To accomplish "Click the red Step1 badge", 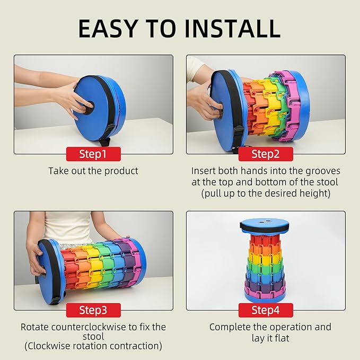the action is click(93, 154).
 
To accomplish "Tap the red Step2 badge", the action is click(266, 154).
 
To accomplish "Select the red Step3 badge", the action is click(93, 310).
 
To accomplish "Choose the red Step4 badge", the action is click(266, 310).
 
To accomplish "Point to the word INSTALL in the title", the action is click(232, 29).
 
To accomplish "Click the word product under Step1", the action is click(121, 171).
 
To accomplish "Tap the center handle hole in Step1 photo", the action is click(89, 107).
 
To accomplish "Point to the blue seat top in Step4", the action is click(265, 223).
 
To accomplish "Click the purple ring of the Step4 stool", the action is click(265, 286).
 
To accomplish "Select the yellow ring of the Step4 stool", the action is click(265, 258).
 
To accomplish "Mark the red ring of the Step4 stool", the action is click(265, 240).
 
